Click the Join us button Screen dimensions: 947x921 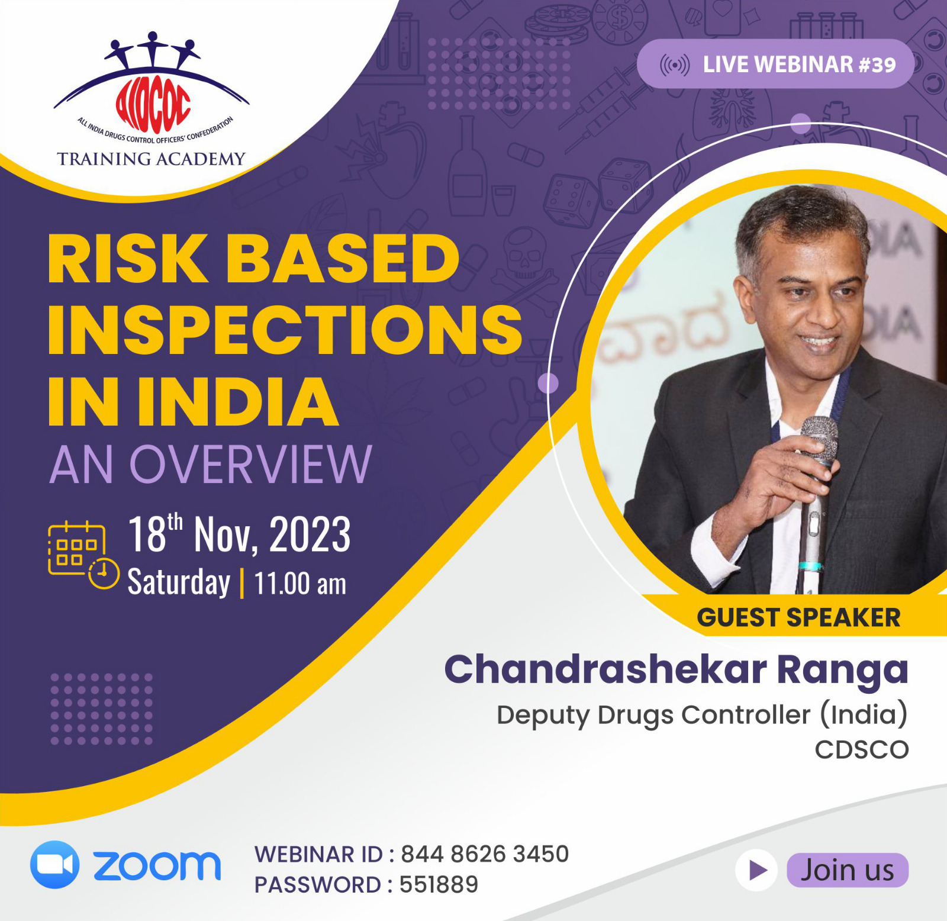tap(848, 870)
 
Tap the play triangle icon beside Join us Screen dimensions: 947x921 tap(756, 870)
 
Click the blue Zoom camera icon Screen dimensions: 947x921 tap(54, 865)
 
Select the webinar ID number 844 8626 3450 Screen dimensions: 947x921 tap(485, 854)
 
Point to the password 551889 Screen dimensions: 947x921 tap(439, 884)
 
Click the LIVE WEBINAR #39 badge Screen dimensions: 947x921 tap(776, 64)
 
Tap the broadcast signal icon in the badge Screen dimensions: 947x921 tap(675, 65)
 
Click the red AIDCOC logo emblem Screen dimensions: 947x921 tap(153, 105)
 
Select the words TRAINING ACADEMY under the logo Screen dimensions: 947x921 tap(151, 159)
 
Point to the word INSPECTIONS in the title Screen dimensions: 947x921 tap(285, 330)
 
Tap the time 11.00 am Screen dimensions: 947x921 tap(300, 584)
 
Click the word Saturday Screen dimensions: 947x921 tap(179, 582)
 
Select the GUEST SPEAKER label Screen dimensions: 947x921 tap(798, 617)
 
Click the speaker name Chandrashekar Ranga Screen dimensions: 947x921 tap(676, 670)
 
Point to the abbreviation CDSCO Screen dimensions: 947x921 tap(862, 750)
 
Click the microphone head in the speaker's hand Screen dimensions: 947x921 tap(820, 439)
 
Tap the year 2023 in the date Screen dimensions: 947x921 tap(310, 534)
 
